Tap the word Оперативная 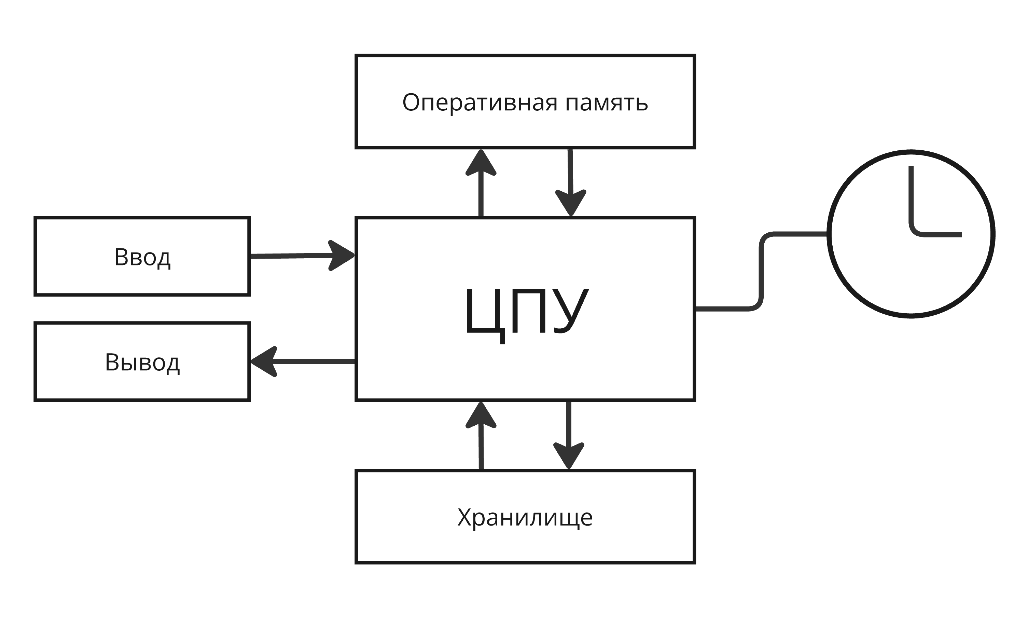point(479,102)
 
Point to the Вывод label point(142,362)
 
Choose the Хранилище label point(525,518)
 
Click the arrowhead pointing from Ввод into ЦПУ point(342,256)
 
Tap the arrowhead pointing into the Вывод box point(264,362)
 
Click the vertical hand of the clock point(911,196)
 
